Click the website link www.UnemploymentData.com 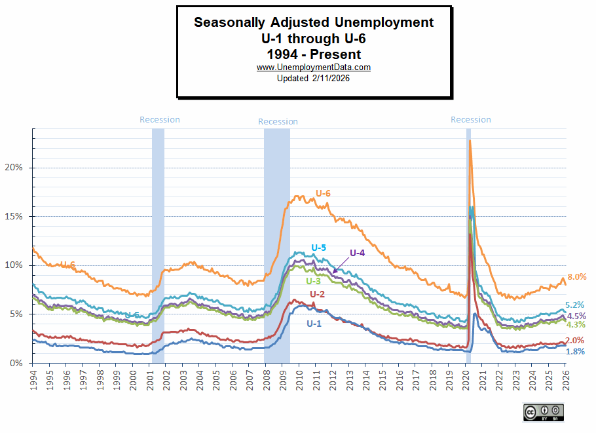314,67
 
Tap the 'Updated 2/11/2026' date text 314,78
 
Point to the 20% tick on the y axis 14,168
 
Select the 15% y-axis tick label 14,217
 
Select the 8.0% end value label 576,277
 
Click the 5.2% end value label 574,305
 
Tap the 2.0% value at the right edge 574,341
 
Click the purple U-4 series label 357,252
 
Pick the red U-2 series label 317,294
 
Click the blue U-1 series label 314,323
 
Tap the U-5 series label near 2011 318,248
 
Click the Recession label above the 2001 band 160,120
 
